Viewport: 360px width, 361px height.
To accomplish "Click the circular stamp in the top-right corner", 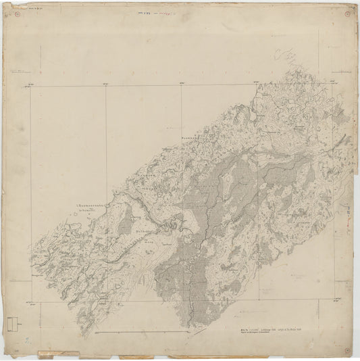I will (347, 9).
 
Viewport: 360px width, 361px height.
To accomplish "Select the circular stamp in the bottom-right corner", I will (347, 351).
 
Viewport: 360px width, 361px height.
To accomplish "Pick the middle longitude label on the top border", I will (181, 83).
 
